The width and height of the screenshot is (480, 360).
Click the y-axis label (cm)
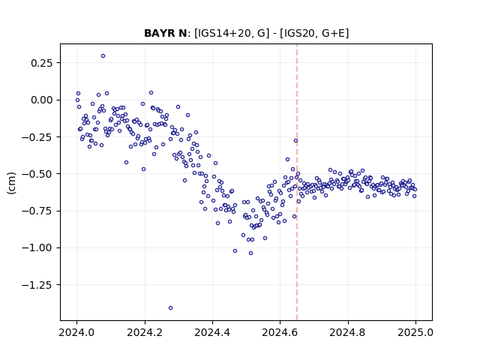11,183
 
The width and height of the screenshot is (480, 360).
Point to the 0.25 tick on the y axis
42,63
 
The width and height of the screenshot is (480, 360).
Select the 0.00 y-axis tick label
42,100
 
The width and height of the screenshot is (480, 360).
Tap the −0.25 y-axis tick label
37,137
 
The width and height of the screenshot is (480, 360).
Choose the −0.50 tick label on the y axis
37,174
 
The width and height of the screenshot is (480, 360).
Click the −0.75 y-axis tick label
37,211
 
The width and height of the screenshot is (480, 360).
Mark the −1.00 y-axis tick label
37,247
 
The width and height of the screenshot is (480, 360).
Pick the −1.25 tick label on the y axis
37,285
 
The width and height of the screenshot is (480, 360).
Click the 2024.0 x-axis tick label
76,332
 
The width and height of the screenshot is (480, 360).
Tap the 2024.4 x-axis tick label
212,332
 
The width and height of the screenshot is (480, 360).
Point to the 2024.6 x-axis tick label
280,332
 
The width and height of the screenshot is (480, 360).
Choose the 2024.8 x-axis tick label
348,332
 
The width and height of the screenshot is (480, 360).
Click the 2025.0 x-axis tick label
415,332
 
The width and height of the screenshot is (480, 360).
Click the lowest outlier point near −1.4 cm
170,308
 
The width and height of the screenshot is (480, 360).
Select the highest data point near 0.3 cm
103,56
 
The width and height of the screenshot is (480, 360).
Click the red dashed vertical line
297,182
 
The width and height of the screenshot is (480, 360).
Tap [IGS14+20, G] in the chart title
232,33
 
